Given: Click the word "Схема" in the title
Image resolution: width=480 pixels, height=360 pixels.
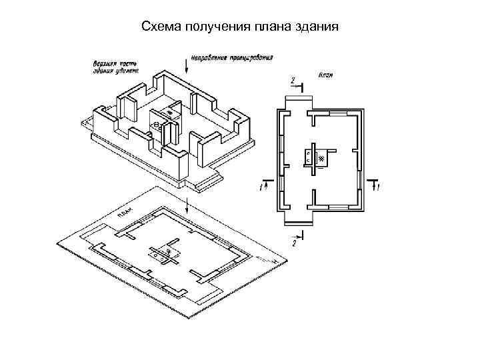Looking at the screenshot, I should pos(161,27).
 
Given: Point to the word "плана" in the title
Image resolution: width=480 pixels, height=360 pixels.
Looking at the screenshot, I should pos(272,27).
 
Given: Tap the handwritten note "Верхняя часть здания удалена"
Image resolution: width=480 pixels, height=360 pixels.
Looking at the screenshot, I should pos(115,67).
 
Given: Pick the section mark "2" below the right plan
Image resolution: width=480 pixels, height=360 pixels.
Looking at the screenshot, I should pos(293,243).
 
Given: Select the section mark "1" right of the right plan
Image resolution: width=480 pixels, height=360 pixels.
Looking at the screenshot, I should pos(378,189).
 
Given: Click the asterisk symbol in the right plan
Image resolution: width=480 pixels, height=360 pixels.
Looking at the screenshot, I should pos(322,159).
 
